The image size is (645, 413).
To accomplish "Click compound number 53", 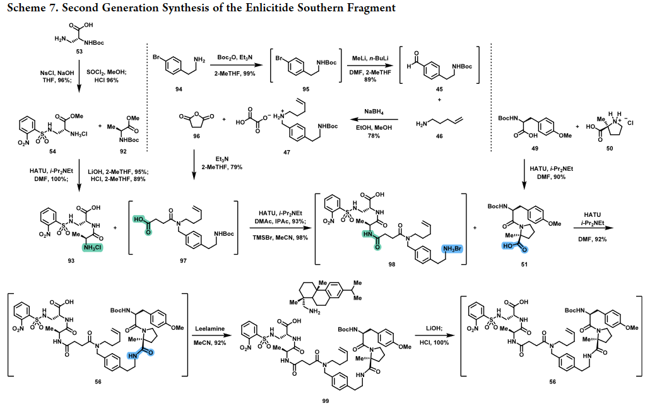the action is click(79, 51).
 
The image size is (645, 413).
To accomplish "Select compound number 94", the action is click(179, 89).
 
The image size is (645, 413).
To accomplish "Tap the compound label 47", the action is click(287, 153).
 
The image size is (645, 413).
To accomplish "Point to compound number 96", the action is click(197, 136).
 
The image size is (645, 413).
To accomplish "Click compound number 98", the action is click(391, 265).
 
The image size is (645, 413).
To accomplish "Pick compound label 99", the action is click(326, 401).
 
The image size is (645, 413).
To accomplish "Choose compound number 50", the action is click(610, 148).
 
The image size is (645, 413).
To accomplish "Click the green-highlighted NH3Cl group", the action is click(92, 247).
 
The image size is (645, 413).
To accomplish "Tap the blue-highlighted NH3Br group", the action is click(452, 249).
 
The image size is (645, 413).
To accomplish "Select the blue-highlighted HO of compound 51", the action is click(509, 246).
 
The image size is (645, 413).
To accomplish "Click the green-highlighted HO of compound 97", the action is click(139, 220).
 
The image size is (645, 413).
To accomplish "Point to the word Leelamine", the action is click(210, 329).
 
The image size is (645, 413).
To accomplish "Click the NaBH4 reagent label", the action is click(374, 112).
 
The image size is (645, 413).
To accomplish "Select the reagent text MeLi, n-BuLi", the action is click(370, 59).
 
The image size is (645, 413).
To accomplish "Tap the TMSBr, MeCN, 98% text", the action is click(280, 238).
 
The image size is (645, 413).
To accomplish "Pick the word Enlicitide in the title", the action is click(269, 8).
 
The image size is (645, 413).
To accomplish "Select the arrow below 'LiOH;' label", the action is click(434, 335).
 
